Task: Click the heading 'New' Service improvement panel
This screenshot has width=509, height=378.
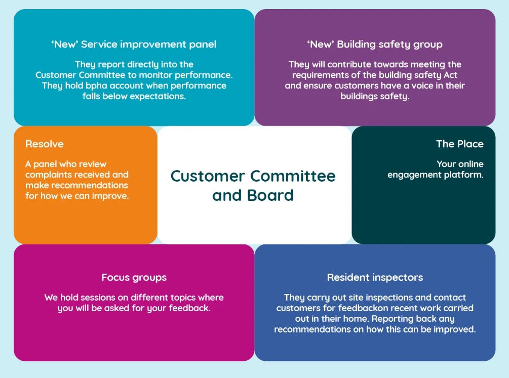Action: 134,45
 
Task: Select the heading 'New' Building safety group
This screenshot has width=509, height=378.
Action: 375,45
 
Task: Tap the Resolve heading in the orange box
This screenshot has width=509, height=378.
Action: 45,144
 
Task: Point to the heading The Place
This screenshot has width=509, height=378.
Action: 460,144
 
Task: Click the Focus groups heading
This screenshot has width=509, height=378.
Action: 134,278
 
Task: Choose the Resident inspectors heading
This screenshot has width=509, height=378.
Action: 375,278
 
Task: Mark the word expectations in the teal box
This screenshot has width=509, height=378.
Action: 156,96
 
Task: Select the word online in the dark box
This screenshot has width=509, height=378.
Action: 471,164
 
